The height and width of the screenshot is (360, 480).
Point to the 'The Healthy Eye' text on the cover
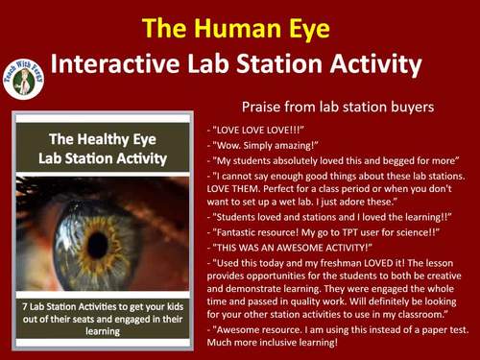[x=100, y=137]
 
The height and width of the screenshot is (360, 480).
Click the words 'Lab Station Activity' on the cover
[x=102, y=156]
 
